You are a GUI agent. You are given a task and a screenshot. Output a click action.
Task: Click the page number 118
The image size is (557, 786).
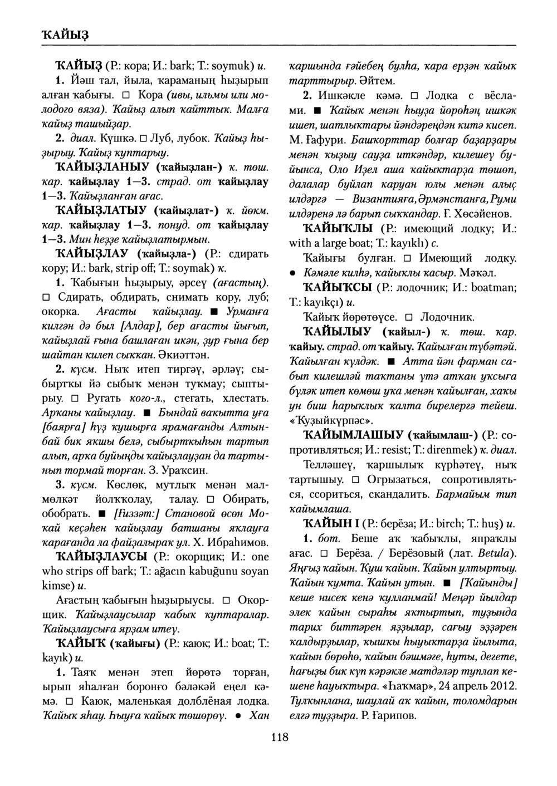click(279, 738)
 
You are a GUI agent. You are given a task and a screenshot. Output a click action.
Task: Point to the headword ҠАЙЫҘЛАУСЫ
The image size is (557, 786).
click(101, 557)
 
